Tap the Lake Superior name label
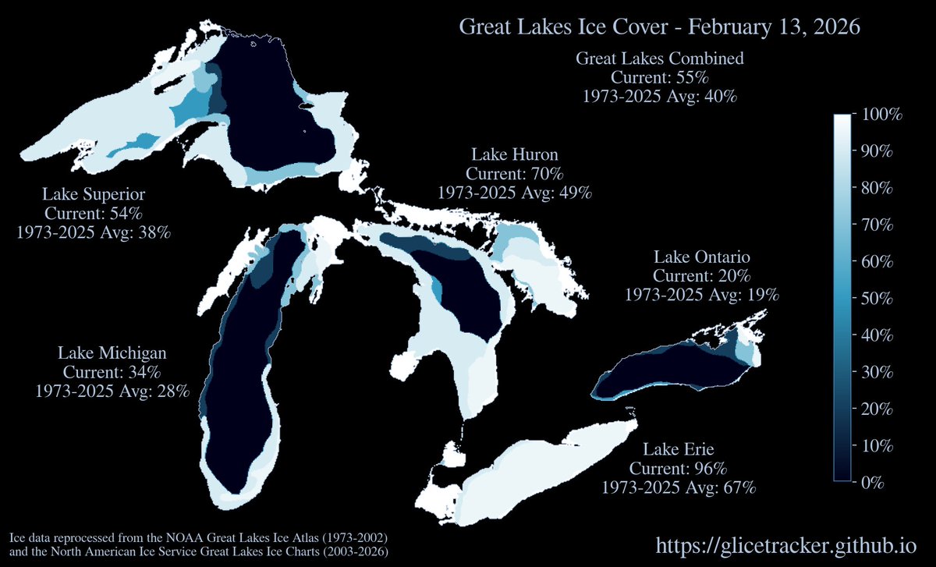coord(94,193)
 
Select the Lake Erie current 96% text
coord(678,469)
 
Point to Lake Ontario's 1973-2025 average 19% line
coord(701,295)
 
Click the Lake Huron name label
coord(514,154)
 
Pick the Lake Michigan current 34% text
coord(112,372)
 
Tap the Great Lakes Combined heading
coord(659,58)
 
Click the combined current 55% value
coord(659,78)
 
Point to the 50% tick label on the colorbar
coord(878,299)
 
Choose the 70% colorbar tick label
coord(878,225)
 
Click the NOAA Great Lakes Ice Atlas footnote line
coord(198,539)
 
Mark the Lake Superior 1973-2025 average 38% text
coord(94,232)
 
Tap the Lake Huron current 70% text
coord(514,173)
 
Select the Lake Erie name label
coord(678,450)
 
